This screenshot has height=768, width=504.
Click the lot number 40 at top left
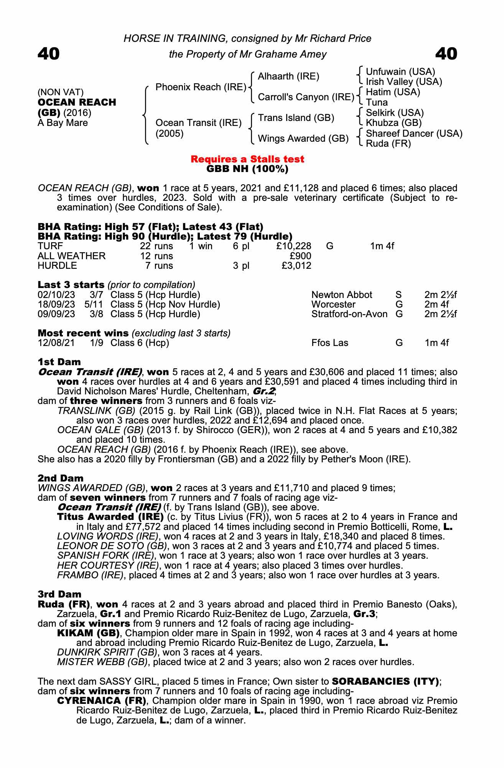(x=49, y=54)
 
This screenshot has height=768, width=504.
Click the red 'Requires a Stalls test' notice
(x=247, y=159)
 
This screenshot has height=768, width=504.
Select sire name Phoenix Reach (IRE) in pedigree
(x=201, y=87)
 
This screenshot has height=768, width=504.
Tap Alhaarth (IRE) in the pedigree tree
(x=288, y=76)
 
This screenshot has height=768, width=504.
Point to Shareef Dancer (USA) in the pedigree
(x=414, y=134)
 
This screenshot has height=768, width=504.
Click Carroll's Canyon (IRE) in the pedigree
(x=306, y=97)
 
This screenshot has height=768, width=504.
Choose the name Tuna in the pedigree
(x=377, y=103)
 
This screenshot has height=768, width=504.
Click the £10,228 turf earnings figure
(x=293, y=246)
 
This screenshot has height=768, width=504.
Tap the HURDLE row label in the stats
(x=57, y=266)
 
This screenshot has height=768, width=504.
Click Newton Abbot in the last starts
(x=341, y=295)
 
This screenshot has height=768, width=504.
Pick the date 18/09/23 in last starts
(x=56, y=305)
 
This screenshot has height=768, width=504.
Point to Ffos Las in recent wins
(x=329, y=343)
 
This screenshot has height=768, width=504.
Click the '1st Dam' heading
(x=59, y=362)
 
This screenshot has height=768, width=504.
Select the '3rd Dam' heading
(x=59, y=594)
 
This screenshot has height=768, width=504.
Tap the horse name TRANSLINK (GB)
(x=96, y=410)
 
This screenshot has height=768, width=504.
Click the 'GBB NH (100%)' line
(x=247, y=169)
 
